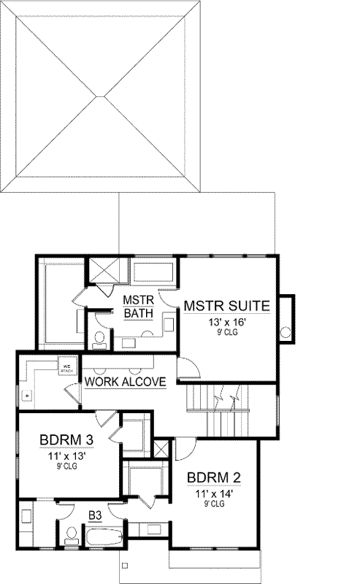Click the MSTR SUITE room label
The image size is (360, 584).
coord(227,305)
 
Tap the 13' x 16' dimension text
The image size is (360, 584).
coord(227,321)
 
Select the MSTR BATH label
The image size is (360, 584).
coord(136,307)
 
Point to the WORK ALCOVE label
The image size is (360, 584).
coord(125,382)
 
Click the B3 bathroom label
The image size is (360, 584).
coord(95,515)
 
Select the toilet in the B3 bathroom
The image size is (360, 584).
coord(71,536)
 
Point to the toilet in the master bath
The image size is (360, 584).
coord(99,338)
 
